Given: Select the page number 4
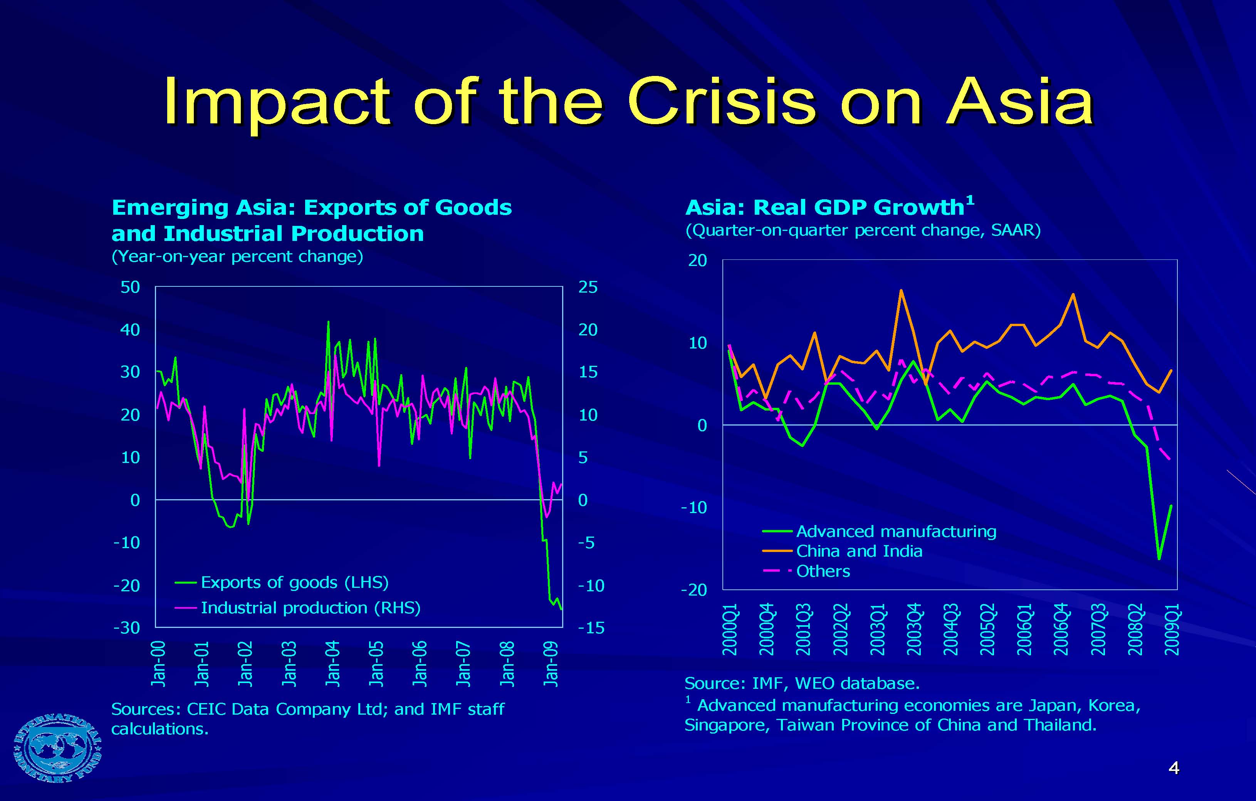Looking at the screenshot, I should [x=1174, y=767].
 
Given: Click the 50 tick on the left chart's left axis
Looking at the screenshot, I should [x=130, y=287].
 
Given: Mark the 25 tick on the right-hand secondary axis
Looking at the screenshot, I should [x=588, y=287].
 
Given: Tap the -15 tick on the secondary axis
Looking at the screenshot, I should [x=591, y=628].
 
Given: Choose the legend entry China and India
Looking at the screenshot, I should [x=858, y=552].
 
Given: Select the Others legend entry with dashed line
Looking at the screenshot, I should [x=823, y=571].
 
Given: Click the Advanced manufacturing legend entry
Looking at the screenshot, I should [x=896, y=532].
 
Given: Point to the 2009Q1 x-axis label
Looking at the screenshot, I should [x=1172, y=629].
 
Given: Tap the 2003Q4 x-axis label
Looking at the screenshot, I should [x=914, y=629].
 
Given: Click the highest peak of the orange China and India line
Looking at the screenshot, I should [x=901, y=290].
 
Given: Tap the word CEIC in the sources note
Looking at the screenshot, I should [x=207, y=709].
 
